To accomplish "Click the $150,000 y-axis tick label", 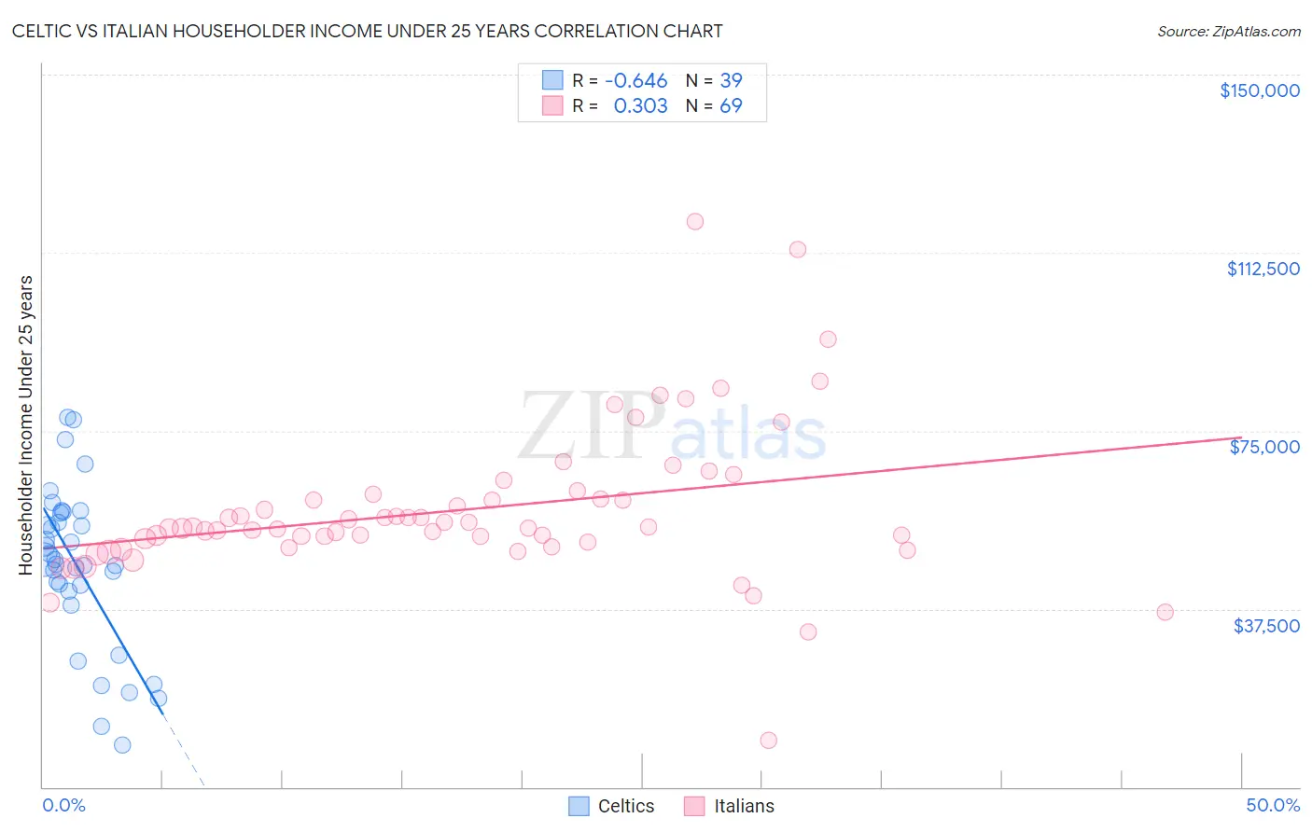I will tap(1259, 90).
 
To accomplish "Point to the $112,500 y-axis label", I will tap(1263, 269).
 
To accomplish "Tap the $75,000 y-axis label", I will tap(1264, 447).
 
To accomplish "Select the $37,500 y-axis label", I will tap(1266, 626).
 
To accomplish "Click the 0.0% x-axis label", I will tap(63, 805).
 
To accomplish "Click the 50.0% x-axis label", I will tap(1273, 805).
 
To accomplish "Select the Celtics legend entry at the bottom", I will tap(611, 806).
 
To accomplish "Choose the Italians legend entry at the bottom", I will tap(729, 806).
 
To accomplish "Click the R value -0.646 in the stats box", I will tap(636, 81).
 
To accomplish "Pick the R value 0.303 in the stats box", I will tap(640, 106).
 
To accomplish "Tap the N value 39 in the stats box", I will tap(731, 81).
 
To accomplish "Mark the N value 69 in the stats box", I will tap(731, 106).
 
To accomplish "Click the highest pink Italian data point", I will tap(695, 222).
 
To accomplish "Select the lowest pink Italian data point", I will tap(769, 741).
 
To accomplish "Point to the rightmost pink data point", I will tap(1165, 613).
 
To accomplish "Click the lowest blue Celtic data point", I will tap(122, 745).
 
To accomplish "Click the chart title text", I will tap(367, 32).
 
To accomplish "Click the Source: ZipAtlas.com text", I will tap(1228, 32).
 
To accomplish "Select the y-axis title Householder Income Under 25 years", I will tap(26, 425).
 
